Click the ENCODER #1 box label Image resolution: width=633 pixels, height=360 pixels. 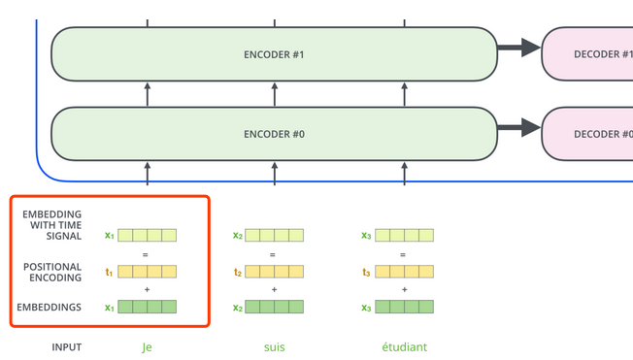[274, 54]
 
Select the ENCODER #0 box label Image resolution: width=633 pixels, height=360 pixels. [274, 134]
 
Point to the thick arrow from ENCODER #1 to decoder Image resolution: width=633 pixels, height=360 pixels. [518, 47]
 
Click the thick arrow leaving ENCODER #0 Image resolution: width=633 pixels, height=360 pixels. [518, 127]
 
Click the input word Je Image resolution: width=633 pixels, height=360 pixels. [148, 346]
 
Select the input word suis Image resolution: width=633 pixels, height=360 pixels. [274, 346]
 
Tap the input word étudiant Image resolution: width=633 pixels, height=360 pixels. [404, 346]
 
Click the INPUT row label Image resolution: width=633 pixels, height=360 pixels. [67, 346]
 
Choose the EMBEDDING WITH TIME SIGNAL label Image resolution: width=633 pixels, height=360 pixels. [52, 225]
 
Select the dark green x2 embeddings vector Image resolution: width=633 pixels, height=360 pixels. [274, 308]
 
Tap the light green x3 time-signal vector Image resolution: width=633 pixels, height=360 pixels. [404, 235]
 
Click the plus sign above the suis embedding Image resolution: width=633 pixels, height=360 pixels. [274, 290]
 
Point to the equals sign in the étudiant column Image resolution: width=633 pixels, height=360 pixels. [403, 254]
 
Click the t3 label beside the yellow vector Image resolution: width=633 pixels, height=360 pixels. [365, 273]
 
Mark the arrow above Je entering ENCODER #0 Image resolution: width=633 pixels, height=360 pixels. [148, 173]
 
